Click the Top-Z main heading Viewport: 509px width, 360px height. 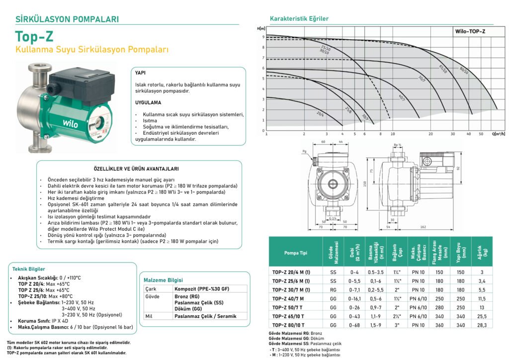point(34,37)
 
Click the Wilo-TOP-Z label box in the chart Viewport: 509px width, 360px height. point(470,31)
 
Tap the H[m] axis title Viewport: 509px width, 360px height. point(261,29)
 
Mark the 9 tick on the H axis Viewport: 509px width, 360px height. point(263,37)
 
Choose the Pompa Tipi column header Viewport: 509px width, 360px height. point(295,253)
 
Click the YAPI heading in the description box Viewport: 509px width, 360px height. point(140,73)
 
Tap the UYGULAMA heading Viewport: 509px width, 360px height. point(148,102)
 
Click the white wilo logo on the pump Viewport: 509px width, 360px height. point(70,122)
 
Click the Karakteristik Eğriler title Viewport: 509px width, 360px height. point(299,19)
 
